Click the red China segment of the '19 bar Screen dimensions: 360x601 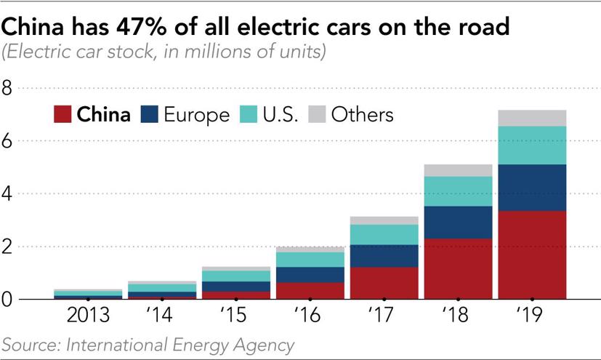[533, 255]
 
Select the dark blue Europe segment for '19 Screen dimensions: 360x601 [533, 188]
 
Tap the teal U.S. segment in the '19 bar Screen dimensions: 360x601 [533, 145]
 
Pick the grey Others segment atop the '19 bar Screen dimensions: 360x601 [533, 118]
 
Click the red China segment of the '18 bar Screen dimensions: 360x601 [459, 268]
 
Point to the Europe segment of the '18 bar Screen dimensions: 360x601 [459, 222]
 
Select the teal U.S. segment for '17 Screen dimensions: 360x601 [384, 234]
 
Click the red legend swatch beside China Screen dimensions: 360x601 [63, 115]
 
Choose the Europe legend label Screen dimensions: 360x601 [196, 115]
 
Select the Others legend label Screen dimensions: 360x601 [362, 115]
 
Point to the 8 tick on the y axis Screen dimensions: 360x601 [8, 89]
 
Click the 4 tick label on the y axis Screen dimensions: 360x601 [8, 194]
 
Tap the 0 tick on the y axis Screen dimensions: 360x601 [8, 299]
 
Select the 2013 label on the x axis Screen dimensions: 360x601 [88, 316]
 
